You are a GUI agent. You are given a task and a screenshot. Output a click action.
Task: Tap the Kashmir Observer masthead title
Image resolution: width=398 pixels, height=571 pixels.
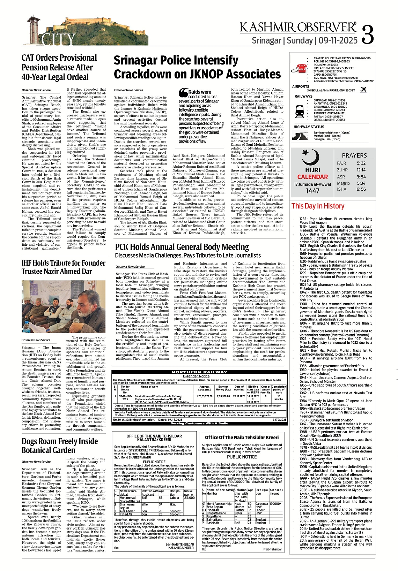coord(298,28)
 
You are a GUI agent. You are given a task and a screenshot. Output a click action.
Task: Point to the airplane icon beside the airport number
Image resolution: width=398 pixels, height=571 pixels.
coord(363,90)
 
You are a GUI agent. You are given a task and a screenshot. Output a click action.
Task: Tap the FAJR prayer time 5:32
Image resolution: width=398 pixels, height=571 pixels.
coord(361,163)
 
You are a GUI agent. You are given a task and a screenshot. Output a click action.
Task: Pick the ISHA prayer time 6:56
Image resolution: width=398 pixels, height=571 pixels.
coord(361,189)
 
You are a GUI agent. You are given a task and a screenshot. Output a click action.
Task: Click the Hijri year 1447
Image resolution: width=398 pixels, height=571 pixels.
coord(312,191)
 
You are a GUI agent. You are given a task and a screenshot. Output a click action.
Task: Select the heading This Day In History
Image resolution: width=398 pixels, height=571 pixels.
coord(318,206)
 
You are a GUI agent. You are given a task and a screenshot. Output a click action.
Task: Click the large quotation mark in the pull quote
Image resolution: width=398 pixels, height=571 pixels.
coord(183,93)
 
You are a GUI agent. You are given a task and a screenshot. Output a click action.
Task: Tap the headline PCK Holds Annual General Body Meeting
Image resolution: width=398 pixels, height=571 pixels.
coord(182,247)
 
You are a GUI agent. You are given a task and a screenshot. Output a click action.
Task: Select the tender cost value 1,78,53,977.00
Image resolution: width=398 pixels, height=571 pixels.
coord(204,396)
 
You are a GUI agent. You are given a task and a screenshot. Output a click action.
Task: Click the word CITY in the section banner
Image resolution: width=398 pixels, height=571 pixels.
coord(58,40)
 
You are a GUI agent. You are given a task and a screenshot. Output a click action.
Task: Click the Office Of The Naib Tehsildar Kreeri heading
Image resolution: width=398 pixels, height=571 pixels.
coord(242,437)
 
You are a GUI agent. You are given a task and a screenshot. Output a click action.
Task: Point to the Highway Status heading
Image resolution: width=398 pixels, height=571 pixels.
coord(309,127)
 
